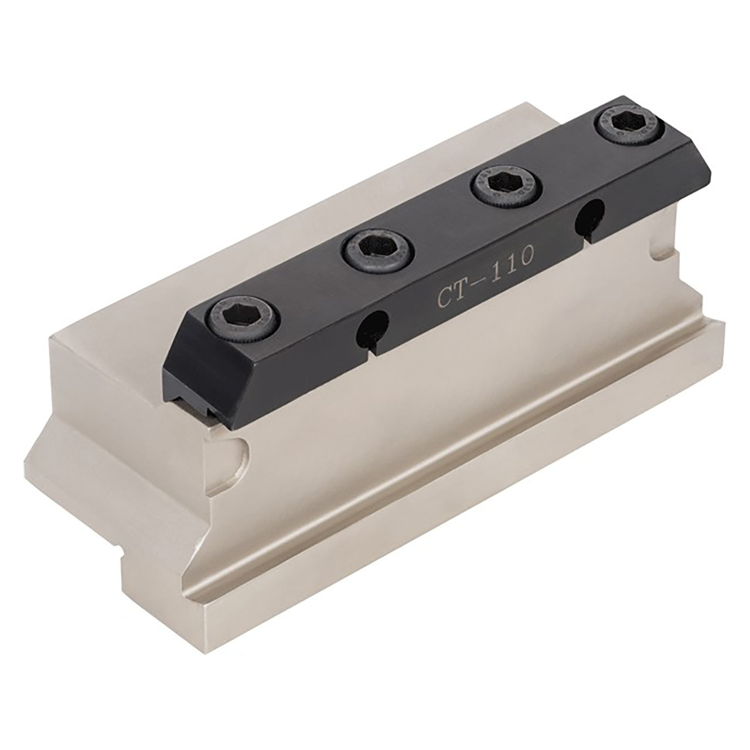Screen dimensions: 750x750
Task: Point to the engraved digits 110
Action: click(513, 258)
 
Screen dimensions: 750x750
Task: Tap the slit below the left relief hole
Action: click(372, 346)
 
